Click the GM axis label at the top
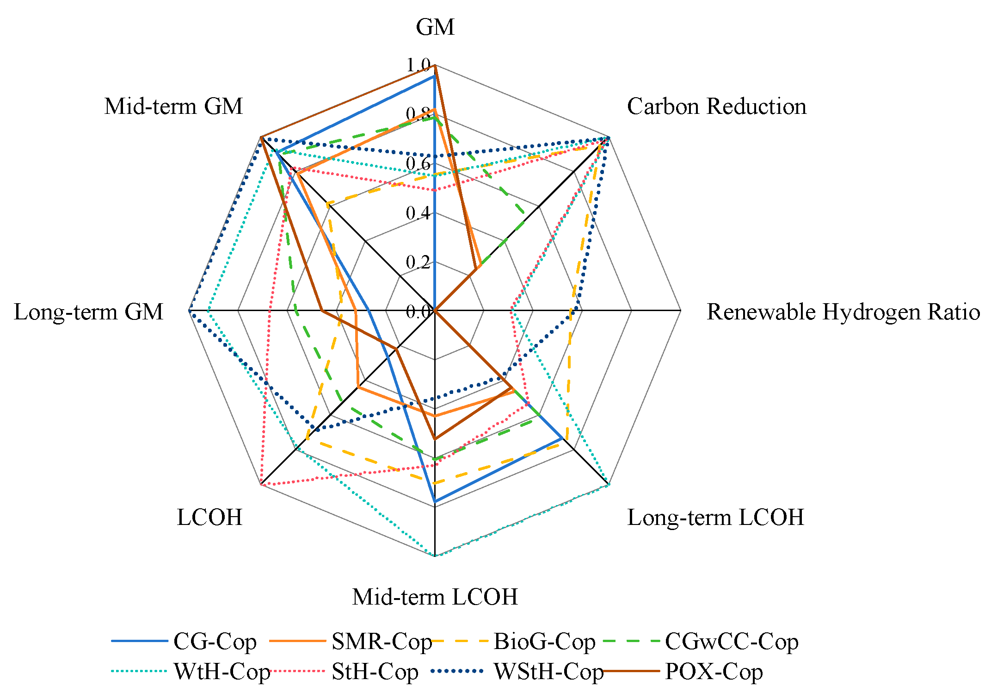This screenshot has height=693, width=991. point(435,27)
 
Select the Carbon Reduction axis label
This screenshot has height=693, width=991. point(716,106)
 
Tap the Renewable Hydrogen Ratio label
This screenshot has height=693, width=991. point(843,312)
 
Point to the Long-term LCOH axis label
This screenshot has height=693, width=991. point(715,518)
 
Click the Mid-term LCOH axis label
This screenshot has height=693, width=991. point(435,597)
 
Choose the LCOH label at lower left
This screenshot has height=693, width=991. point(209,518)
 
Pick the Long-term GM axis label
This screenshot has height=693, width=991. point(88,312)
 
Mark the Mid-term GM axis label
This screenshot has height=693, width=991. point(173,106)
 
